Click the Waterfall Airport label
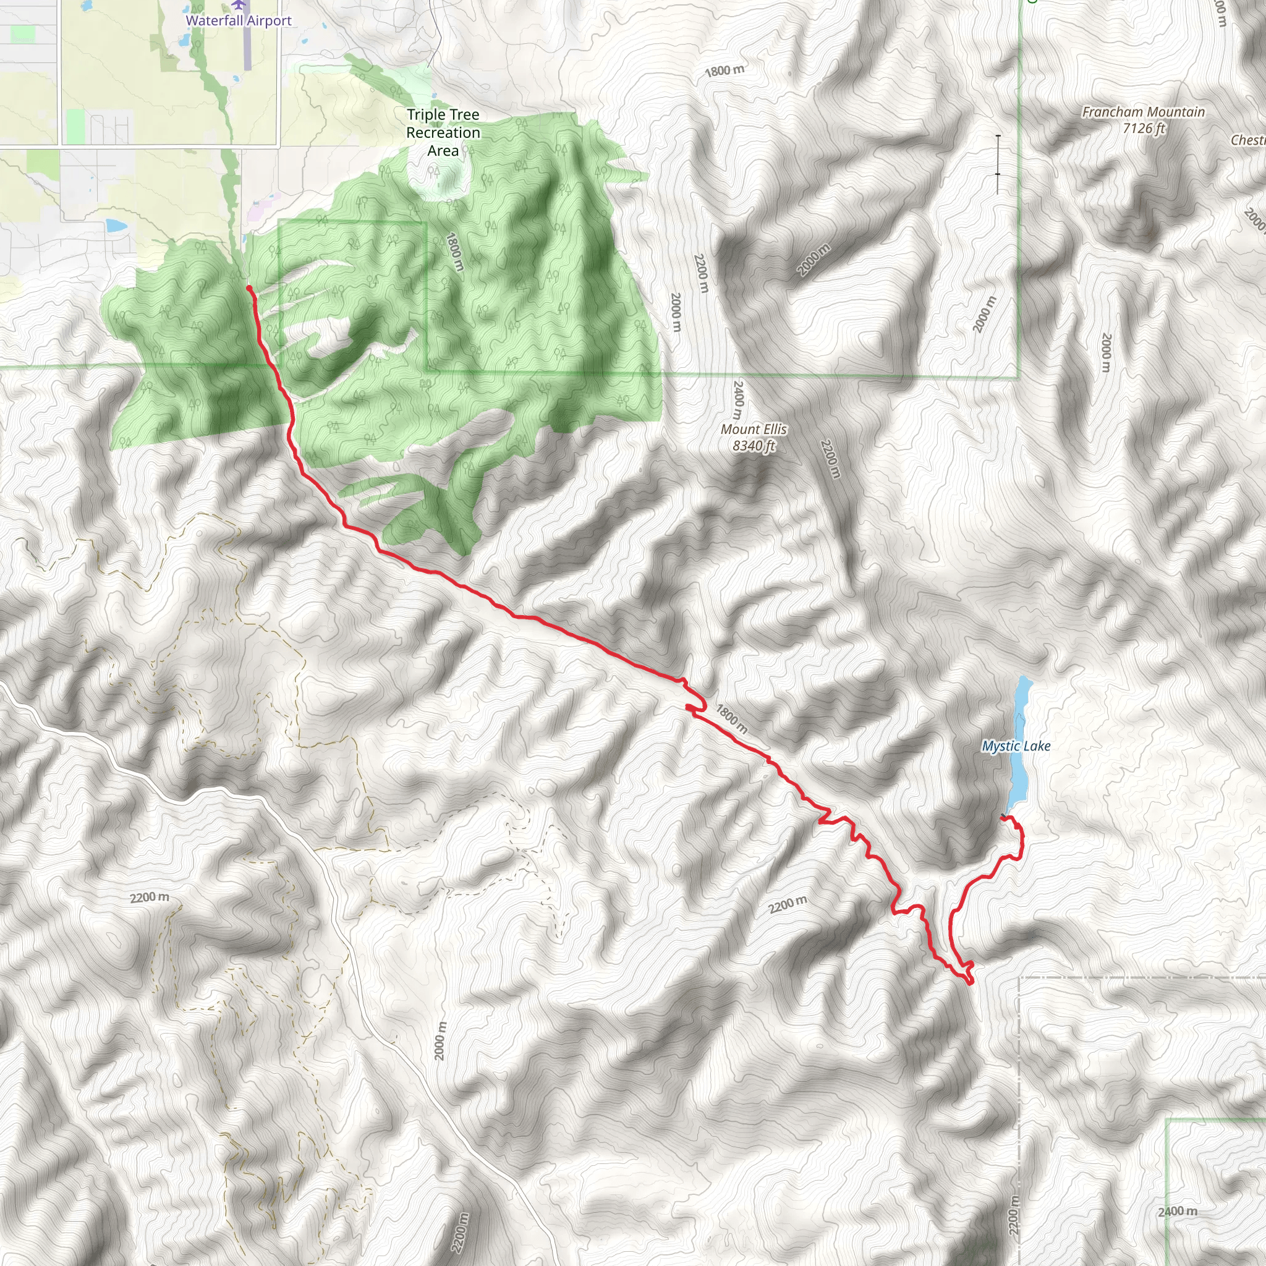click(239, 20)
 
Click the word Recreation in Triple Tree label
click(443, 132)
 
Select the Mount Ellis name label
click(754, 429)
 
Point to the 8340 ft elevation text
click(754, 446)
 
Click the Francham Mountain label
click(1143, 112)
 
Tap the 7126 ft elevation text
click(1144, 129)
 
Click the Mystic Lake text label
click(1016, 746)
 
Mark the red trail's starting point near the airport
click(249, 287)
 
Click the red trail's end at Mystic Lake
click(1003, 817)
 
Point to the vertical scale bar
click(997, 164)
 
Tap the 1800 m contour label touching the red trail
click(731, 719)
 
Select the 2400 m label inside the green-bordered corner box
click(1177, 1212)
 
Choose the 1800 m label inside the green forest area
click(454, 252)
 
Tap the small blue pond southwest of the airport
click(116, 226)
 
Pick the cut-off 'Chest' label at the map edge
click(1247, 140)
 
